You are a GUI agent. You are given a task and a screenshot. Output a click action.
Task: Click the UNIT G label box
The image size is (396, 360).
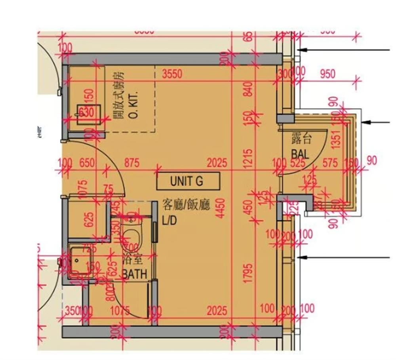[x=188, y=181]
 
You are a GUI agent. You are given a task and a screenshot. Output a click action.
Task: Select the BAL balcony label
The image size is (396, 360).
[x=300, y=153]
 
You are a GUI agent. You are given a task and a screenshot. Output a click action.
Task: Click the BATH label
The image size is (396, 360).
[x=135, y=274]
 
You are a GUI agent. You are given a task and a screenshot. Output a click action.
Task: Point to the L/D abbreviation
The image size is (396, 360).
[x=169, y=221]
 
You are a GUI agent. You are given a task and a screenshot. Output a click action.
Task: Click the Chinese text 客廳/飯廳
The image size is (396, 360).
[x=186, y=206]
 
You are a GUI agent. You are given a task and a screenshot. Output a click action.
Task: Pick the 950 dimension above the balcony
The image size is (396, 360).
[x=327, y=74]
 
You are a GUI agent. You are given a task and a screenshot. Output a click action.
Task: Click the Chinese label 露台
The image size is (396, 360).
[x=301, y=139]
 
